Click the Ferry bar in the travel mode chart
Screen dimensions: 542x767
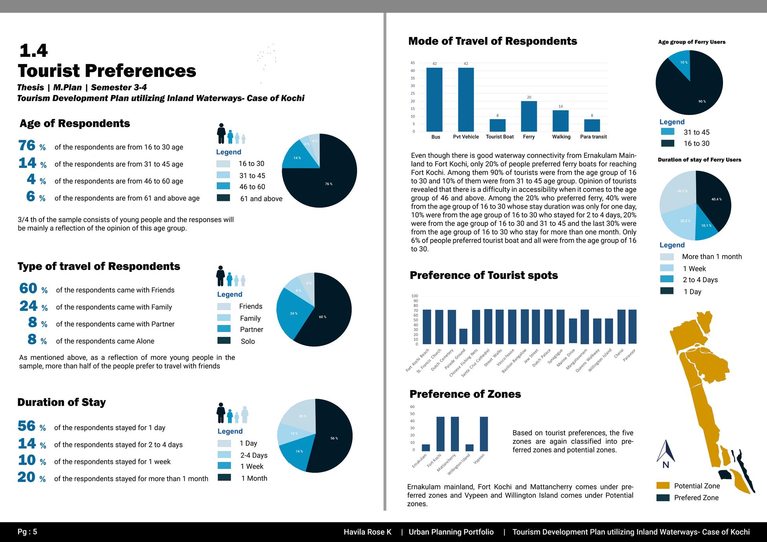pyautogui.click(x=529, y=117)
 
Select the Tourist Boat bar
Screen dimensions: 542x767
pyautogui.click(x=497, y=125)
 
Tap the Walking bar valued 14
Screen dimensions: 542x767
pyautogui.click(x=560, y=121)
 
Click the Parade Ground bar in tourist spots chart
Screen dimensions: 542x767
pyautogui.click(x=463, y=336)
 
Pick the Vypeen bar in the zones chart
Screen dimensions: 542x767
pyautogui.click(x=484, y=434)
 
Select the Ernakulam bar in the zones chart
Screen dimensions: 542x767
pyautogui.click(x=426, y=448)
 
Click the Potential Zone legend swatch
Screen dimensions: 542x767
pyautogui.click(x=663, y=485)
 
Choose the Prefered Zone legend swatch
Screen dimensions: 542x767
pyautogui.click(x=663, y=498)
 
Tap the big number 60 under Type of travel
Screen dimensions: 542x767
pyautogui.click(x=28, y=288)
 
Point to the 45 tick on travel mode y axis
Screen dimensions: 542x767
pyautogui.click(x=412, y=63)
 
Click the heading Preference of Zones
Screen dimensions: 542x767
pyautogui.click(x=465, y=394)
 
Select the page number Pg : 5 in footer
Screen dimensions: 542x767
pyautogui.click(x=27, y=532)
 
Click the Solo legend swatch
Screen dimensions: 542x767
pyautogui.click(x=224, y=340)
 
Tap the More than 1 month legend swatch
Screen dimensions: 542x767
pyautogui.click(x=666, y=257)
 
